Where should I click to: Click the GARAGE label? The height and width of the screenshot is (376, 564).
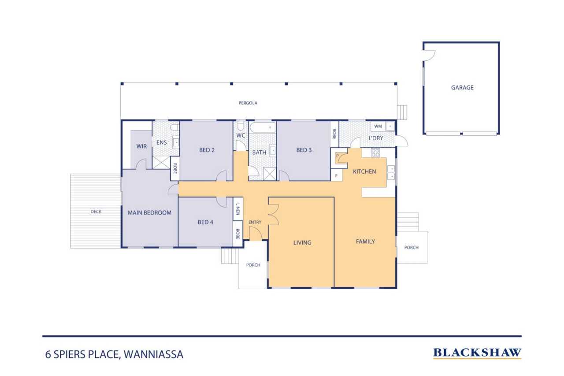click(x=462, y=87)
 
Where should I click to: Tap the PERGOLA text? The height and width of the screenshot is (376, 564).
click(x=248, y=103)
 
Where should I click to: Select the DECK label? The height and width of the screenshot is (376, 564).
click(x=96, y=212)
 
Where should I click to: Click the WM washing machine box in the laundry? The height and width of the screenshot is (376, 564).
click(x=378, y=126)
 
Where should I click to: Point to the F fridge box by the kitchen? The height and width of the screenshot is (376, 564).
click(x=336, y=175)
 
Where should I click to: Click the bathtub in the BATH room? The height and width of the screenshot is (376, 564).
click(x=263, y=127)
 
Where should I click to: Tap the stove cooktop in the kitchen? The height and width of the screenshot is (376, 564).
click(x=375, y=153)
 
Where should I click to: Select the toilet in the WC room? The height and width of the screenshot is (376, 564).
click(x=241, y=126)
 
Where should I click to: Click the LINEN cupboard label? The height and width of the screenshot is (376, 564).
click(x=237, y=209)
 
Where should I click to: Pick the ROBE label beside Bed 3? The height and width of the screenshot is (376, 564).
click(x=334, y=134)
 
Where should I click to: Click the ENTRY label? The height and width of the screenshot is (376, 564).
click(x=255, y=222)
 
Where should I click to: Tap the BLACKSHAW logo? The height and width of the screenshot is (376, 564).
click(x=477, y=353)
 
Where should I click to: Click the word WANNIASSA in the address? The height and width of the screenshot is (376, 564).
click(x=153, y=354)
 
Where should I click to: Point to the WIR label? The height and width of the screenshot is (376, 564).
click(x=141, y=146)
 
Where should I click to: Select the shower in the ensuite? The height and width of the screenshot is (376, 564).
click(x=161, y=163)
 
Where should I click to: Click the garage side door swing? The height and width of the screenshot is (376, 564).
click(x=430, y=55)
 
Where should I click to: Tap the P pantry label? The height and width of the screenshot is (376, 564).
click(x=338, y=156)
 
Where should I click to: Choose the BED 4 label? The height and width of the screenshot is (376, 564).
click(x=205, y=222)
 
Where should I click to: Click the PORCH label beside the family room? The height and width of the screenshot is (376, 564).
click(x=412, y=247)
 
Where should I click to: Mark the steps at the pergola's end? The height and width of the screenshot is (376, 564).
click(x=402, y=112)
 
